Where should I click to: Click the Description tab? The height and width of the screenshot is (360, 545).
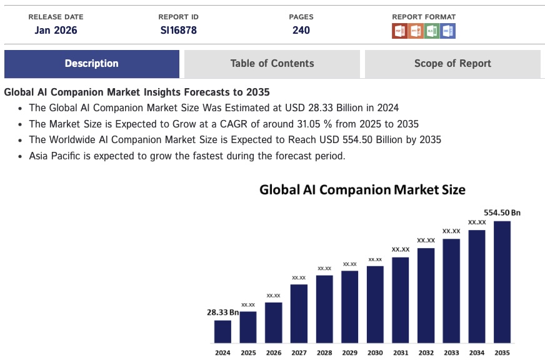tap(91, 64)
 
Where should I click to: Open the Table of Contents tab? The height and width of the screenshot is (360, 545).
tap(272, 64)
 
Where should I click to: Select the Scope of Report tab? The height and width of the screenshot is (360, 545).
tap(452, 64)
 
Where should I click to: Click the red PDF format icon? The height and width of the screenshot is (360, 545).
tap(399, 31)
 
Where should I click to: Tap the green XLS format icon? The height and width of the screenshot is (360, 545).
tap(432, 31)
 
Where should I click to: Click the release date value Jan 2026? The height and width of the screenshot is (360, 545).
tap(56, 30)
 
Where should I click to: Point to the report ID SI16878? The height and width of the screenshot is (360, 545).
tap(178, 30)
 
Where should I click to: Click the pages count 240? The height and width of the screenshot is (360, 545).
tap(301, 30)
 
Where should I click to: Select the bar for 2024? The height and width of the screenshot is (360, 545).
tap(222, 331)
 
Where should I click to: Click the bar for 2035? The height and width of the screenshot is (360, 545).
tap(502, 281)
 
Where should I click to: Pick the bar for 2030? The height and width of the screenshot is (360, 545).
tap(375, 304)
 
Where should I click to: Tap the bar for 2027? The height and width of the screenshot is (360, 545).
tap(299, 313)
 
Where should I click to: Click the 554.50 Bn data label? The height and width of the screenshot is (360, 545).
tap(502, 212)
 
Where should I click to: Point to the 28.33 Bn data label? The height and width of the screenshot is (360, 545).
tap(223, 312)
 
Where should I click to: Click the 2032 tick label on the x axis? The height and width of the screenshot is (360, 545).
tap(426, 353)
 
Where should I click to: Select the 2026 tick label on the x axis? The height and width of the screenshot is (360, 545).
tap(273, 353)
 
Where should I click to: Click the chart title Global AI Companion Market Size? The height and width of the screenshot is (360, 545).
tap(362, 189)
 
